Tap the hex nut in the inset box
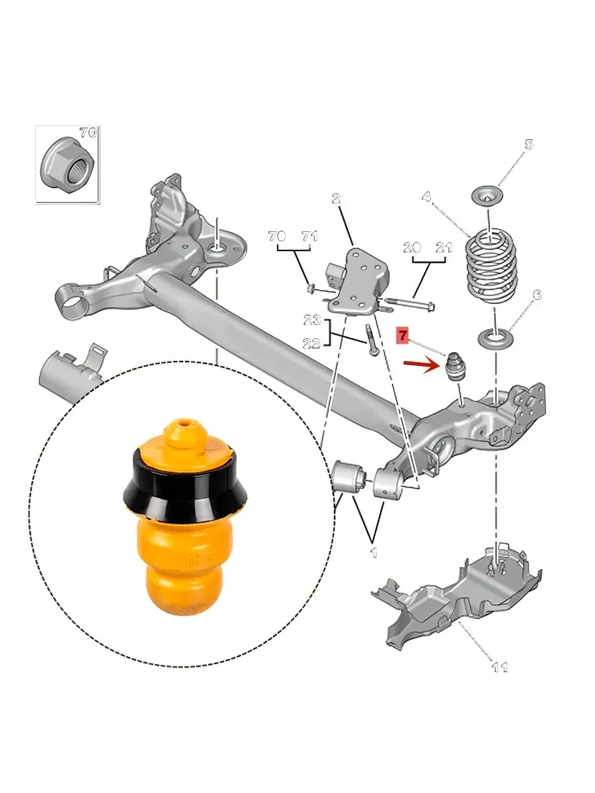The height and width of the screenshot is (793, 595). click(x=67, y=164)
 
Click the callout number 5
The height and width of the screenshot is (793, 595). click(x=529, y=145)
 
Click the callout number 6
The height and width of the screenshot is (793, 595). click(x=537, y=295)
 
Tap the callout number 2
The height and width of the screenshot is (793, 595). click(x=337, y=198)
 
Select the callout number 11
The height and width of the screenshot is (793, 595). click(x=500, y=667)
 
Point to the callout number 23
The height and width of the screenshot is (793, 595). click(x=312, y=320)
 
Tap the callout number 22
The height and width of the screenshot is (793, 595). click(x=311, y=343)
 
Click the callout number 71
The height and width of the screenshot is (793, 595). click(x=309, y=237)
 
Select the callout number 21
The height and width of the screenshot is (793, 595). click(x=444, y=247)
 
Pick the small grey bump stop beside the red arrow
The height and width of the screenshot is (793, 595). click(x=456, y=367)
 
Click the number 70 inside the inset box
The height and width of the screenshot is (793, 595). click(x=88, y=133)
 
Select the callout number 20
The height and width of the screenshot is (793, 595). click(x=412, y=247)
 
